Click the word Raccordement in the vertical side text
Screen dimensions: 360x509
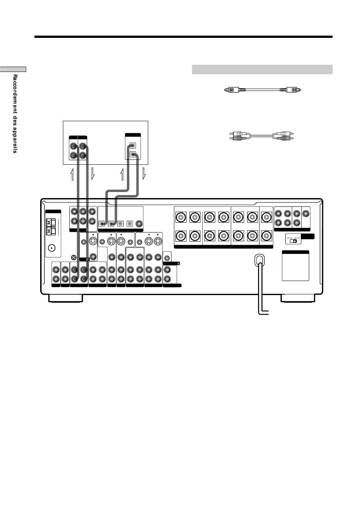[15, 94]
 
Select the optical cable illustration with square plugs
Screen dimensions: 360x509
[263, 90]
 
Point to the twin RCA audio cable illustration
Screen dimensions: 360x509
[261, 136]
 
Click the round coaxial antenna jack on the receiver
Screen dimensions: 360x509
[52, 248]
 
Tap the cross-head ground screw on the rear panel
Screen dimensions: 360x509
[74, 258]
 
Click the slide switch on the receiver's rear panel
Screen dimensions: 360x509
[293, 240]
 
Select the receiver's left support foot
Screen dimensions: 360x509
[66, 298]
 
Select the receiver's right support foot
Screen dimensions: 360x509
[298, 298]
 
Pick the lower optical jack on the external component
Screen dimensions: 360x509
[133, 155]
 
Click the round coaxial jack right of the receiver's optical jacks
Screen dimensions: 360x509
[139, 224]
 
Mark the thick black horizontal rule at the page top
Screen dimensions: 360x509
[183, 37]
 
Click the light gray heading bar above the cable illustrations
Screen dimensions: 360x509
[262, 70]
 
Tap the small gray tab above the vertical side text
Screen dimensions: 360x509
[13, 69]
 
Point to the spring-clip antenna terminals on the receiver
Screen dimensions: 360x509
[51, 227]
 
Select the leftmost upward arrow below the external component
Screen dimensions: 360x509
[72, 174]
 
